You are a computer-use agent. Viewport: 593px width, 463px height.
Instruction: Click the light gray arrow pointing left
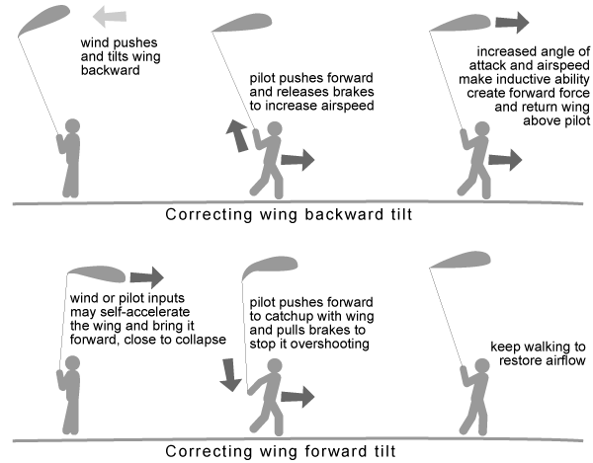110,16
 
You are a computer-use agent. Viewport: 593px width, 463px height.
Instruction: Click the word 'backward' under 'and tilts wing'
110,70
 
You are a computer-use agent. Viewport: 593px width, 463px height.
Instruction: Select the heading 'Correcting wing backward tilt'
289,214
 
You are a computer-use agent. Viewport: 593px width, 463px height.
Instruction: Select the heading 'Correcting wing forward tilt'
281,451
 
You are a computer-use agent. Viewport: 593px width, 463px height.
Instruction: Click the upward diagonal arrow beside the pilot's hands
237,136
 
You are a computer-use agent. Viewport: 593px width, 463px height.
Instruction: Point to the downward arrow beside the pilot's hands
230,375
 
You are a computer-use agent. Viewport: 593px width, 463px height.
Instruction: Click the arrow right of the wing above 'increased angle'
512,23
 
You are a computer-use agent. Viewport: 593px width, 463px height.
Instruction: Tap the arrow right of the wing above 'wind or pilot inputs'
146,277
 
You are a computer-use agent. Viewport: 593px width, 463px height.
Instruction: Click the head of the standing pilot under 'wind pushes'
72,126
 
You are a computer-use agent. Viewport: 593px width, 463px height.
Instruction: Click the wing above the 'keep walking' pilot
461,260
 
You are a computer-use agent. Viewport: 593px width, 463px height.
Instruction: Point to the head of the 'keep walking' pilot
482,366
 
